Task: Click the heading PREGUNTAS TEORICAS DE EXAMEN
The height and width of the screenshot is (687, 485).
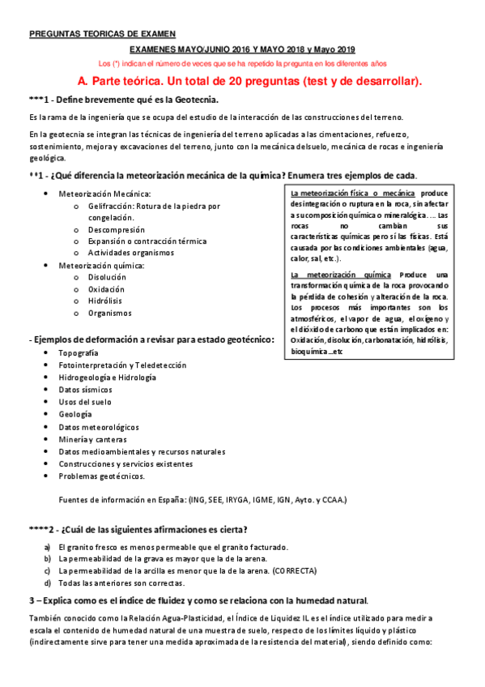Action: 101,34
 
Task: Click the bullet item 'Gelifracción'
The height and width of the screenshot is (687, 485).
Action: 154,207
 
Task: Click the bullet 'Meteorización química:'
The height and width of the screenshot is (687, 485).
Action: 101,265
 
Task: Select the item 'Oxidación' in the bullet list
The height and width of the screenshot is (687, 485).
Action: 107,289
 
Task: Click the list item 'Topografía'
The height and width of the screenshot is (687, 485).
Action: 79,354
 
